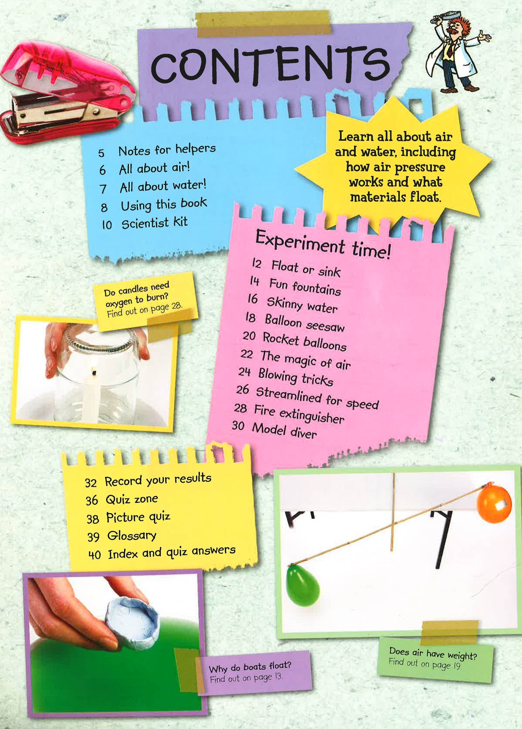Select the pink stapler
pos(66,92)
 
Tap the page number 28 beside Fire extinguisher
pos(240,408)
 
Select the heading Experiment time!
pos(323,245)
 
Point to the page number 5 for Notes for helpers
pos(101,153)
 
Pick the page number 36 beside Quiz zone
pos(92,501)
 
